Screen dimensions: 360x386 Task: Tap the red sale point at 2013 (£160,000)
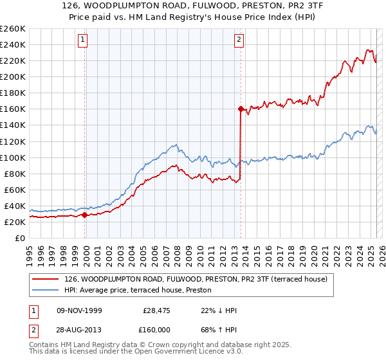pos(241,109)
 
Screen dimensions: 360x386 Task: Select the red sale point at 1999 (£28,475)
pos(85,215)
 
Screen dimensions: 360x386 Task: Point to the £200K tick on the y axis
pos(14,76)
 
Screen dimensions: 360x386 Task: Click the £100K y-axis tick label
pos(14,157)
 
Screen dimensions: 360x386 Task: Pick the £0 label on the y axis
pos(19,238)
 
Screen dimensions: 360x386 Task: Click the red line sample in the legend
pos(46,279)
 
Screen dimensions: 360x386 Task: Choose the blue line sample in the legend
pos(46,290)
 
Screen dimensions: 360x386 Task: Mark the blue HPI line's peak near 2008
pos(175,143)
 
